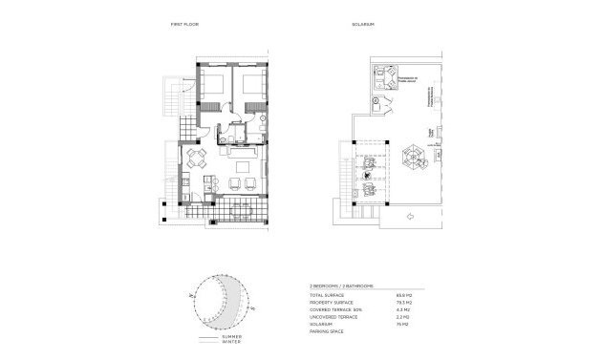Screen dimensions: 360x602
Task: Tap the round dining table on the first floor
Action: click(197, 158)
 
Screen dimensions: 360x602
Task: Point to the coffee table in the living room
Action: click(240, 170)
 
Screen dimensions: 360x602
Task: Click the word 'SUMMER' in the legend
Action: click(232, 337)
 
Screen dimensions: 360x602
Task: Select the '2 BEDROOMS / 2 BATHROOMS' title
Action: click(342, 286)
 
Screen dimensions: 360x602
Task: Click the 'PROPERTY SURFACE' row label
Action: click(331, 302)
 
